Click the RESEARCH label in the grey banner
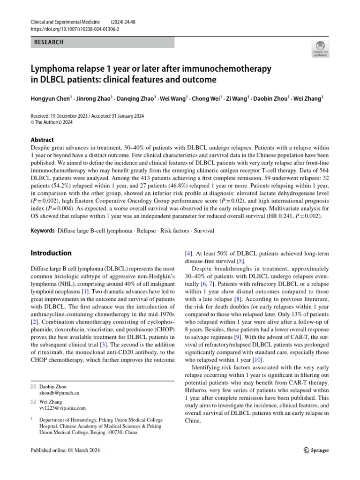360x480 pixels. (x=49, y=42)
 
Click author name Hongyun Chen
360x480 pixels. (x=50, y=98)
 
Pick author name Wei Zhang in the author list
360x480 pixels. (x=308, y=98)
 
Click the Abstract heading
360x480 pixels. (x=42, y=140)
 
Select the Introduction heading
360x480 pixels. (x=51, y=253)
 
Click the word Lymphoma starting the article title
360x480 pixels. (x=53, y=68)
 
